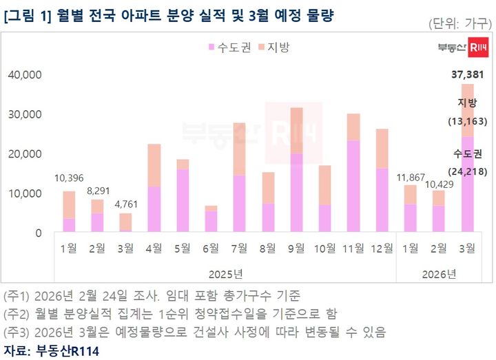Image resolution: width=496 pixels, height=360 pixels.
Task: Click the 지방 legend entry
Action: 273,47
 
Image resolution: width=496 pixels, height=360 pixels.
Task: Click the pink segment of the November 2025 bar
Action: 353,186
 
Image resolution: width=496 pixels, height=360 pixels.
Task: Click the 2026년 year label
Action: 438,274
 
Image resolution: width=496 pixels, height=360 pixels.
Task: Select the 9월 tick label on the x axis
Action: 296,248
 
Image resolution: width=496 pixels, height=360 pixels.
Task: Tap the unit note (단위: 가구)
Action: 458,23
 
